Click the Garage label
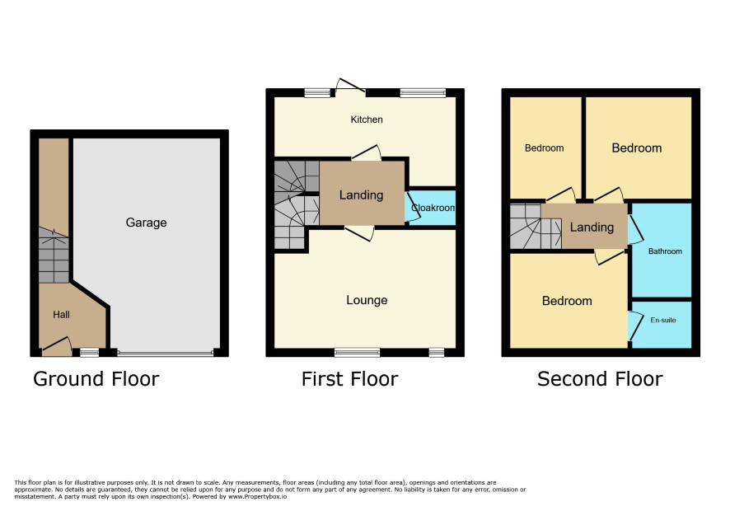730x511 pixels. click(x=146, y=223)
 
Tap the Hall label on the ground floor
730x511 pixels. click(x=61, y=314)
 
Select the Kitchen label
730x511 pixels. click(x=367, y=120)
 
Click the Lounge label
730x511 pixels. click(x=367, y=300)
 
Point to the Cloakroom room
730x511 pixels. click(x=431, y=208)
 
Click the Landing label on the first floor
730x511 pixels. click(x=361, y=195)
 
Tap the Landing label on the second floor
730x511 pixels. click(x=592, y=227)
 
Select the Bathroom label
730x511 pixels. click(x=665, y=251)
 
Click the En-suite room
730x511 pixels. click(x=662, y=325)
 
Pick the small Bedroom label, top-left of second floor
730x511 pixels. click(x=545, y=148)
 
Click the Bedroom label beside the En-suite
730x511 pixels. click(x=567, y=301)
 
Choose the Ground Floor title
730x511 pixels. click(x=96, y=378)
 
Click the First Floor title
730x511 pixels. click(x=349, y=378)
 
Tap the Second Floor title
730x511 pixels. click(x=600, y=378)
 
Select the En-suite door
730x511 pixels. click(x=634, y=326)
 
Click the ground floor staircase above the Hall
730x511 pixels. click(x=54, y=255)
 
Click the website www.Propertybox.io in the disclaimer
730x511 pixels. click(x=257, y=496)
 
